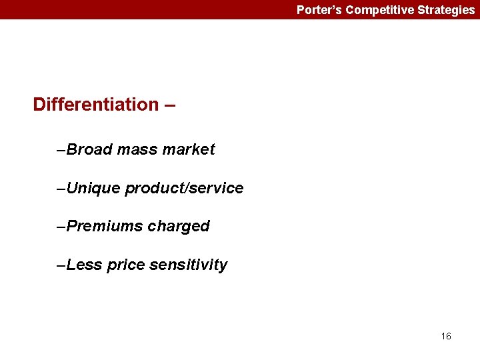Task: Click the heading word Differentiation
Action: pos(96,105)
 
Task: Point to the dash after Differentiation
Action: pos(170,105)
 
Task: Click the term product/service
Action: pos(184,188)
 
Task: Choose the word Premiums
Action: pos(105,227)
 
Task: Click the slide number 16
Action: pos(446,336)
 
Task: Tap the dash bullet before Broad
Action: pos(62,150)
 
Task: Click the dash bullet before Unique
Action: pos(62,189)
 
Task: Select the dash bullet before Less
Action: pos(62,265)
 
